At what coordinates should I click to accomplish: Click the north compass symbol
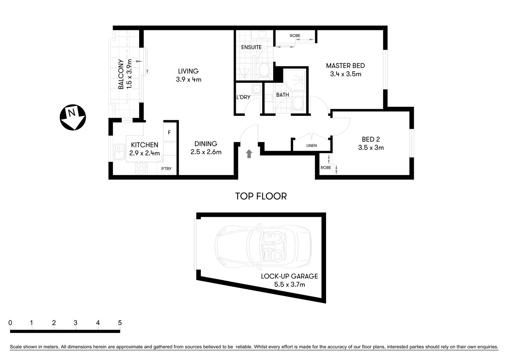[73, 117]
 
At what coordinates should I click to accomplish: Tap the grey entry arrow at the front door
[249, 154]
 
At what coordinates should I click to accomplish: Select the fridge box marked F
[169, 132]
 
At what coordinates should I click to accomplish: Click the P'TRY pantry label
[166, 168]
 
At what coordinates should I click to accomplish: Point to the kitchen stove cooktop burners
[141, 168]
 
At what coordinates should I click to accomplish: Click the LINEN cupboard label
[311, 145]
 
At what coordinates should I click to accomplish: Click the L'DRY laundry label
[243, 97]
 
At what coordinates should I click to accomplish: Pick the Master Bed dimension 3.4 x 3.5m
[345, 74]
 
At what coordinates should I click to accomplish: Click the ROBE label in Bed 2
[326, 168]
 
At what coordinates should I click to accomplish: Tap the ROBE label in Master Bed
[295, 36]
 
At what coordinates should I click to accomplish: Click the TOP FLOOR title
[261, 196]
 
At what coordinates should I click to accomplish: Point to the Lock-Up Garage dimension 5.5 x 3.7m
[289, 285]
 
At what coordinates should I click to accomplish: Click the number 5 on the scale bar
[120, 323]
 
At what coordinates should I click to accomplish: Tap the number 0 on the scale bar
[10, 323]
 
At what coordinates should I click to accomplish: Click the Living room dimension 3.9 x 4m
[188, 79]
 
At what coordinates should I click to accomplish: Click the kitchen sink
[120, 153]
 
